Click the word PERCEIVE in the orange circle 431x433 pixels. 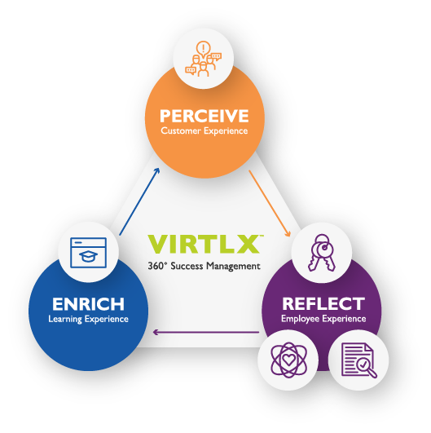(205, 116)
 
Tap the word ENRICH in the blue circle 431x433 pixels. (88, 304)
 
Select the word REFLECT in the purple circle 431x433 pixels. (323, 304)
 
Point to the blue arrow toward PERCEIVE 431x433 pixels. (139, 201)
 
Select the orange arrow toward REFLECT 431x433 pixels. (270, 203)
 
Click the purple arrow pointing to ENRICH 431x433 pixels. (206, 332)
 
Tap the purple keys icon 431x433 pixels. (322, 253)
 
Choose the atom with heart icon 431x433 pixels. (289, 360)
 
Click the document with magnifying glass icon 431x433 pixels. (358, 360)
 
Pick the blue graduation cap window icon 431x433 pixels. (88, 253)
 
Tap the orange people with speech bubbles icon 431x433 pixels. (204, 59)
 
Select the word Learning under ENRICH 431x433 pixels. (65, 319)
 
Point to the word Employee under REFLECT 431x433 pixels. (300, 319)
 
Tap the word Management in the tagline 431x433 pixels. (234, 266)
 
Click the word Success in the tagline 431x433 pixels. (187, 266)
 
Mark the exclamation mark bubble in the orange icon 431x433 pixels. (204, 49)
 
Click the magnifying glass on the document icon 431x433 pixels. (367, 368)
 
